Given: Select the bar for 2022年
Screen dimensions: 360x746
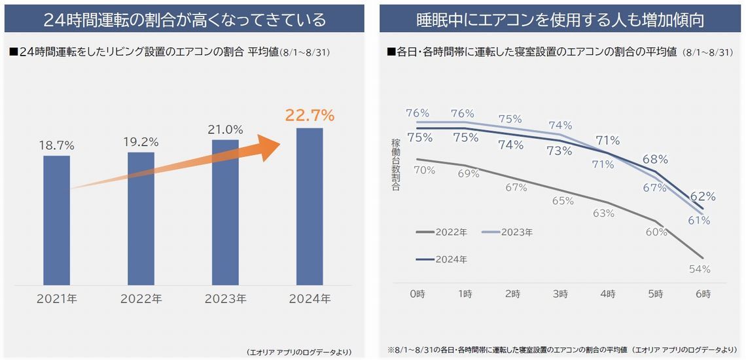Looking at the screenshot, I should [141, 218].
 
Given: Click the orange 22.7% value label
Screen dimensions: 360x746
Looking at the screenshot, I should [310, 116].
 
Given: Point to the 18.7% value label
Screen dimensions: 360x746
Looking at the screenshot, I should [57, 145].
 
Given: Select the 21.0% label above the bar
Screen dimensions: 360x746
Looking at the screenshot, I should [225, 130].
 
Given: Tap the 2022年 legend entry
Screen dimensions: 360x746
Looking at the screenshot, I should [442, 232].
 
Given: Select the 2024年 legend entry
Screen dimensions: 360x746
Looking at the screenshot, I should [442, 259].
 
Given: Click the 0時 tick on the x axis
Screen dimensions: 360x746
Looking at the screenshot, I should [417, 295].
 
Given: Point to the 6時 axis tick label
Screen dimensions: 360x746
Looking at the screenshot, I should [703, 295].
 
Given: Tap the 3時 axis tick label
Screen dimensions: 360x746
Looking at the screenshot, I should [560, 295].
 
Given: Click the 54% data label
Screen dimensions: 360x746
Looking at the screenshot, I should [700, 268].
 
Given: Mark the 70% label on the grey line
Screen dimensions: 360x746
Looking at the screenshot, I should [424, 170].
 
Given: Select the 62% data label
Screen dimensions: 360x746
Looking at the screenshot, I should [703, 196].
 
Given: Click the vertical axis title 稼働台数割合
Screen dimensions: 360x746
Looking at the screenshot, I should [396, 164].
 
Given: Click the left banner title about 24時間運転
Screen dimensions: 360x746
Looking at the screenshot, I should [185, 19].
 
